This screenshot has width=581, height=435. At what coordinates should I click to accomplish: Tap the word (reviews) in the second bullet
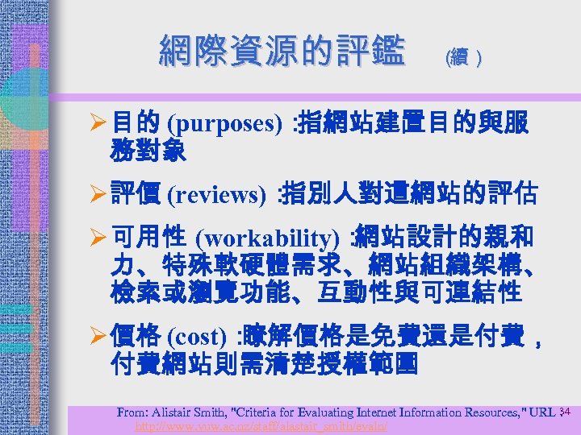click(x=217, y=195)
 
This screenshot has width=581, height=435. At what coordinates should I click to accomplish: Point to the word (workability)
click(x=268, y=238)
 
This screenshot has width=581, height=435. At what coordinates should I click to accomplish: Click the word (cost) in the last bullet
click(x=197, y=336)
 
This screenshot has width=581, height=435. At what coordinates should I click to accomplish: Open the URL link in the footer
click(x=261, y=425)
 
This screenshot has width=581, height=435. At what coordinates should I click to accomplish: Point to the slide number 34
click(x=565, y=412)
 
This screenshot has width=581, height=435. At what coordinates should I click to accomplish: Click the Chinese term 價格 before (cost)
click(x=136, y=336)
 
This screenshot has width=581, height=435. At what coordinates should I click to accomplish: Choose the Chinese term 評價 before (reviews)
click(x=136, y=195)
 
